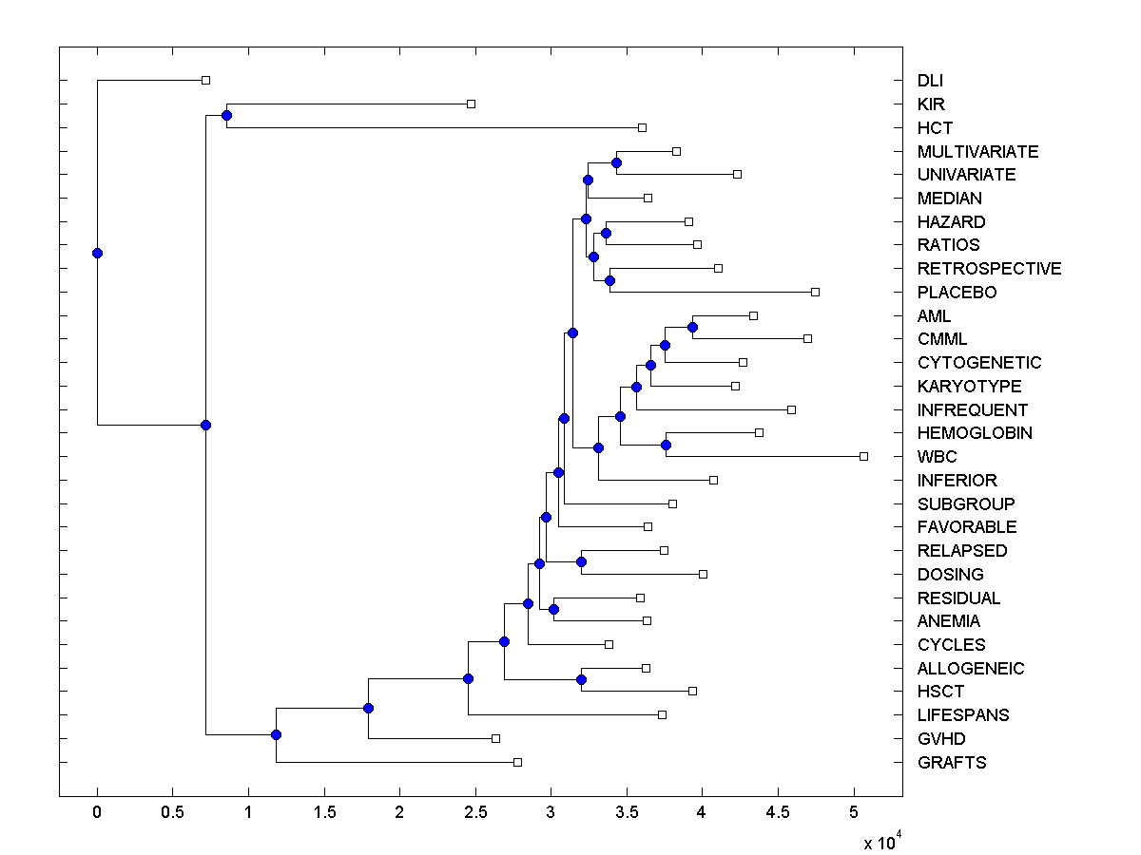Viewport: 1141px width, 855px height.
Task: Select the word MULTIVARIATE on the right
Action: pos(977,152)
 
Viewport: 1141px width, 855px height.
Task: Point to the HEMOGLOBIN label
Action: pos(975,433)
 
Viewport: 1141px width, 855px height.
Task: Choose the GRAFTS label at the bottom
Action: pos(952,763)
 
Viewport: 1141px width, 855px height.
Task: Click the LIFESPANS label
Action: pos(963,715)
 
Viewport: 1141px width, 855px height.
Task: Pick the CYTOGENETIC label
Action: pos(979,363)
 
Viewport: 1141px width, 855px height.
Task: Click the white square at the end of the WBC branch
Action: pos(863,457)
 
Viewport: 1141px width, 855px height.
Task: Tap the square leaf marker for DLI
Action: pos(205,81)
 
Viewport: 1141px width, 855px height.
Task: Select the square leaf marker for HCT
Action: pos(642,127)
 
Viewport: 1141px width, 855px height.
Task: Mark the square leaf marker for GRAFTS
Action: pos(517,762)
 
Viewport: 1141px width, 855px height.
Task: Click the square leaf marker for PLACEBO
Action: pos(815,292)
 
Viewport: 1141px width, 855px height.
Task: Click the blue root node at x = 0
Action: pos(97,253)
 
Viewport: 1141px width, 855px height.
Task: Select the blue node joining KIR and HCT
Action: pos(226,116)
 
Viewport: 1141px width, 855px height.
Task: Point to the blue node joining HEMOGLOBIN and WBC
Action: pos(666,445)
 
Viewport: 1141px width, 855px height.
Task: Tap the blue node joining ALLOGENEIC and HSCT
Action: pos(581,679)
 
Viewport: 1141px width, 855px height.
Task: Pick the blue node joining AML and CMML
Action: pos(692,327)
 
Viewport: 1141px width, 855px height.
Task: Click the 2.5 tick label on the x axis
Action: pos(474,812)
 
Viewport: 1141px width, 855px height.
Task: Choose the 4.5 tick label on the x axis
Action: pos(777,812)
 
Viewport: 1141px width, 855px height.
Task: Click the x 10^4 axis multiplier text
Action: pos(880,842)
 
